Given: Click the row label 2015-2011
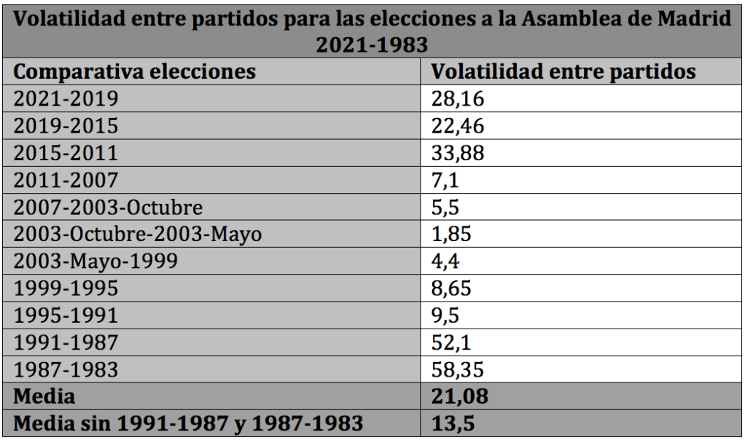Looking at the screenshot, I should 66,153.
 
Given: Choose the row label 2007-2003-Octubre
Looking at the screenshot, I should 108,207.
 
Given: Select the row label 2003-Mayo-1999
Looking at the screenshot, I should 95,262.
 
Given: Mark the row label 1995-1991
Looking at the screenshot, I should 66,315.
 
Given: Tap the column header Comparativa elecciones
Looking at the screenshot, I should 135,72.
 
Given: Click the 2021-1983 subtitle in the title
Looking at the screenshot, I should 372,45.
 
